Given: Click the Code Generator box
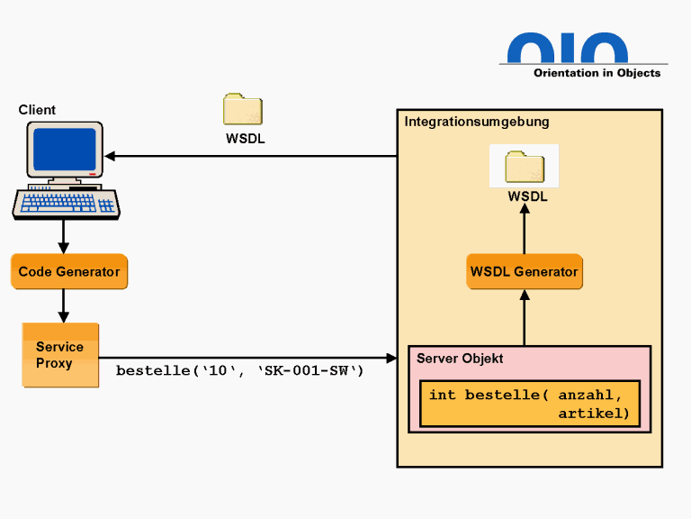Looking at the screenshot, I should click(x=68, y=271).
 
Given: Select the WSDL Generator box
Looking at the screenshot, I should click(x=524, y=271).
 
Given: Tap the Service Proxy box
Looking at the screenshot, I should click(x=60, y=355).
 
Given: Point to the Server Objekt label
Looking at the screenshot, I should click(x=460, y=359).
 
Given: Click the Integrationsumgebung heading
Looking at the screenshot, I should click(x=476, y=122).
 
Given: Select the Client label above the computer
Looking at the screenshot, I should click(x=37, y=110).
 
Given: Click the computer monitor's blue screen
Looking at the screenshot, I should click(x=64, y=150).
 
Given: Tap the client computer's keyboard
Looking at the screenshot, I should click(x=67, y=205).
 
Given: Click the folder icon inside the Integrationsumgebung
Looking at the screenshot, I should click(x=525, y=168).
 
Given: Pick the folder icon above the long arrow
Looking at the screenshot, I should click(x=243, y=109).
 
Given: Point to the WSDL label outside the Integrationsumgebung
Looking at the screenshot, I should click(x=245, y=139).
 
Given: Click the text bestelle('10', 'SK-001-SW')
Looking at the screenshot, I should click(x=240, y=370).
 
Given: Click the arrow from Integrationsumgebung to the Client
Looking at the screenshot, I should click(x=252, y=156).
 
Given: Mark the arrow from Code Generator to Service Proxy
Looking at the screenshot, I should click(x=63, y=306).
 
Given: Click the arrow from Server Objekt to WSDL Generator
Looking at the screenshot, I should click(x=525, y=318).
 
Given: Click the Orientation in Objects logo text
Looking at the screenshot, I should click(x=597, y=73).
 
